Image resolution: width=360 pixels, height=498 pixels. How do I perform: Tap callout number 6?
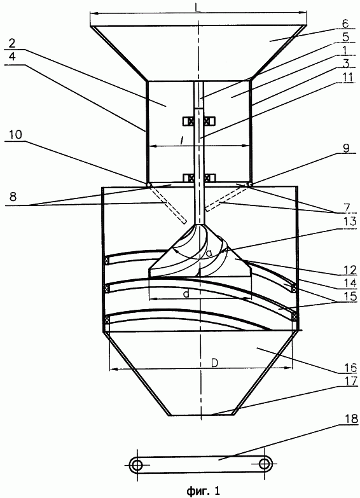click(x=345, y=24)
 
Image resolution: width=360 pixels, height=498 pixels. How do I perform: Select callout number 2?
click(x=11, y=43)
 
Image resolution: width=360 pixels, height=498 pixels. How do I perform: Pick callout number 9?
click(x=346, y=148)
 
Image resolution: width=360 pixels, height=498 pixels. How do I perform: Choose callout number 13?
click(x=349, y=221)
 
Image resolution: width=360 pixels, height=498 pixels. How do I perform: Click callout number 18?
click(x=350, y=418)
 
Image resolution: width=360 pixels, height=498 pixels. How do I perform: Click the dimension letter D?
click(x=215, y=363)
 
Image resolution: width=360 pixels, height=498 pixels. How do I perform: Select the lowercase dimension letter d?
click(x=186, y=294)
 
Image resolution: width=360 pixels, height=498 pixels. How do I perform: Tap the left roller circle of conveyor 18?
click(x=137, y=465)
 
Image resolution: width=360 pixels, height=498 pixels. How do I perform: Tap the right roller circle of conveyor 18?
click(x=264, y=464)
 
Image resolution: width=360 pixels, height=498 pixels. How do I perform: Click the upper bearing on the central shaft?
click(x=198, y=121)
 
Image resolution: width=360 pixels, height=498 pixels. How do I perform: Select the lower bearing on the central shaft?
click(x=198, y=177)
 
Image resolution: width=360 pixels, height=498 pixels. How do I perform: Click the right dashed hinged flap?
click(x=226, y=198)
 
